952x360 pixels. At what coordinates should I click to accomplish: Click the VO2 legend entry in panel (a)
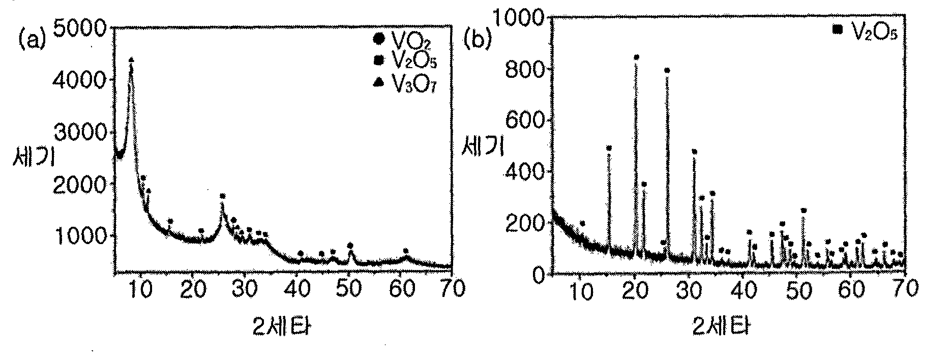pyautogui.click(x=404, y=39)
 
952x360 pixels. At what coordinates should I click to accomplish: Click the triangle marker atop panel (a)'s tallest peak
pyautogui.click(x=131, y=60)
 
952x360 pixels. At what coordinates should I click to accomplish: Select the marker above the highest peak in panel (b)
pyautogui.click(x=636, y=57)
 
